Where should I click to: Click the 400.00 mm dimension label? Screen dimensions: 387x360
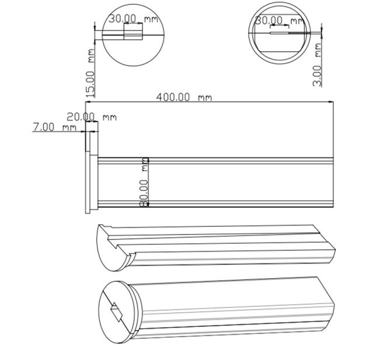(x=184, y=97)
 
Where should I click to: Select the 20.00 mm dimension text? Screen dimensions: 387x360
(x=92, y=117)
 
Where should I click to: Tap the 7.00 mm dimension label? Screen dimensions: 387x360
(x=54, y=127)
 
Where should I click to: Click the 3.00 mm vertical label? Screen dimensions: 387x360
(x=317, y=65)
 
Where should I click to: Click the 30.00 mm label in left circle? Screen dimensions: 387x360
(x=133, y=19)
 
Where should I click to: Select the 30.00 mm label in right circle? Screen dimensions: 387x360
(x=280, y=20)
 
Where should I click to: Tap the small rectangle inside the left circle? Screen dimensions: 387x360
(x=133, y=35)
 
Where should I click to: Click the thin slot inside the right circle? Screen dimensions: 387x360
(x=280, y=33)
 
